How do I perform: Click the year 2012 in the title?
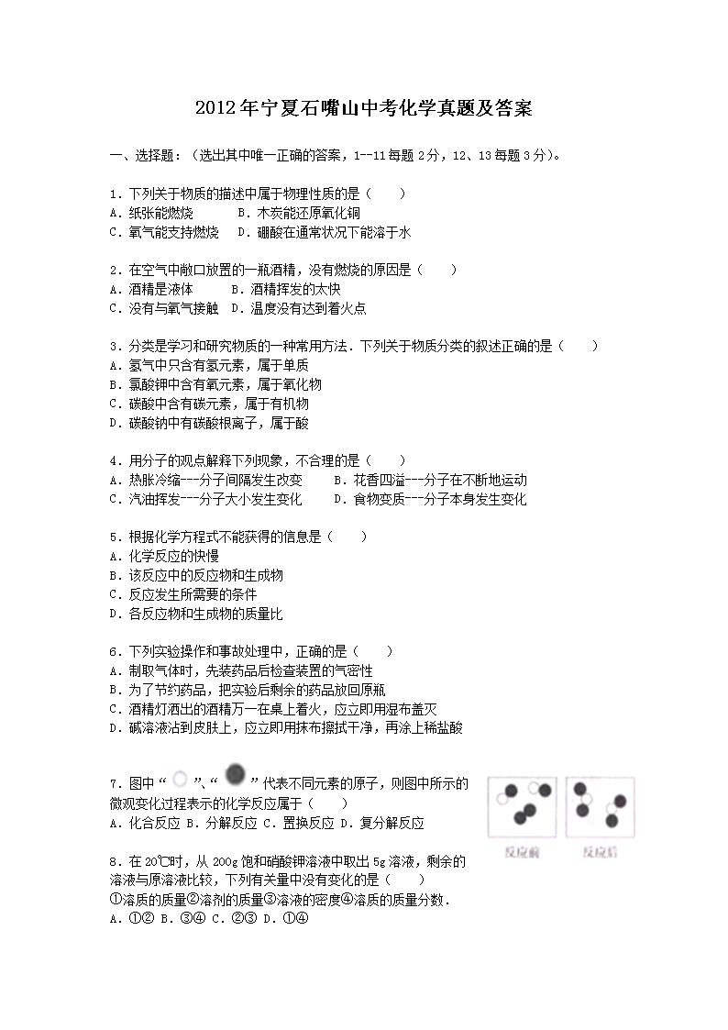pos(216,109)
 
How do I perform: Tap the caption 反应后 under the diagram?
pos(601,852)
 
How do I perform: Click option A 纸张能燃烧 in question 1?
pos(150,213)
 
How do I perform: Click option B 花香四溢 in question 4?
pos(430,480)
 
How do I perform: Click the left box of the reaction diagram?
pos(522,807)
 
